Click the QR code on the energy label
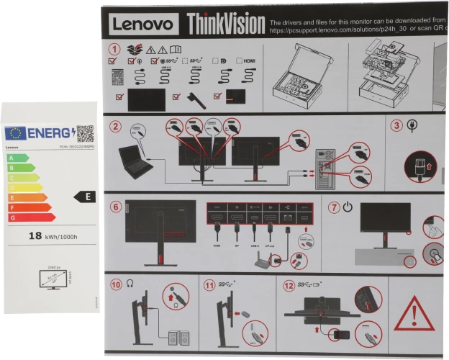(x=85, y=133)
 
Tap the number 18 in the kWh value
(x=35, y=235)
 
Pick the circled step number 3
(x=396, y=126)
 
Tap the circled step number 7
(x=333, y=207)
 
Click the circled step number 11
(x=209, y=284)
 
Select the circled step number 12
(x=288, y=284)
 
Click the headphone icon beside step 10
(x=130, y=284)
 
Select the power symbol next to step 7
(x=348, y=207)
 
